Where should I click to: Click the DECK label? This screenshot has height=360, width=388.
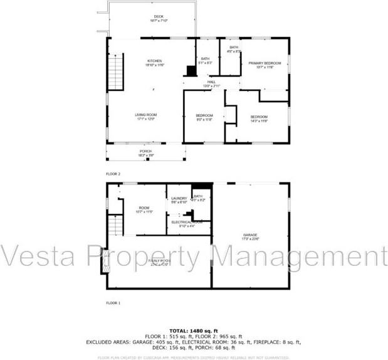click(x=158, y=17)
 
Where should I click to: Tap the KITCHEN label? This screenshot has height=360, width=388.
click(x=154, y=61)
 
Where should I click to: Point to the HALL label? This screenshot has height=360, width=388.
click(x=212, y=82)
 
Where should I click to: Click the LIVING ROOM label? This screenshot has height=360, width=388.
click(x=145, y=115)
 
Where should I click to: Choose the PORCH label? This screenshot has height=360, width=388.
click(x=145, y=151)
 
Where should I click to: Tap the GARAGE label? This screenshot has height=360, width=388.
click(x=251, y=235)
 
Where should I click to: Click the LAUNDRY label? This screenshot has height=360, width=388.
click(x=179, y=198)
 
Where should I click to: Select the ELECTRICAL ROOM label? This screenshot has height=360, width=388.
click(x=187, y=221)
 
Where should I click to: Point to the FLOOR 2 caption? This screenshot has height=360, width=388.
click(x=113, y=173)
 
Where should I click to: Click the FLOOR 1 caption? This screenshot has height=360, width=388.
click(x=113, y=302)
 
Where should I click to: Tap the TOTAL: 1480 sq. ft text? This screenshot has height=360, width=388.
click(x=194, y=331)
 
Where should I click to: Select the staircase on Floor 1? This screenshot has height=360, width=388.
click(x=115, y=225)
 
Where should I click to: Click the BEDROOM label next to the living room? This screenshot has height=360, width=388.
click(x=204, y=115)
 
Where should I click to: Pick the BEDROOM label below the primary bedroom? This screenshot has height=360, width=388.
click(x=259, y=117)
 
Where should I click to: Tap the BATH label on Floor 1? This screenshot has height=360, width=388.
click(x=198, y=196)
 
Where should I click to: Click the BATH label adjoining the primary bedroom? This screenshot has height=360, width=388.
click(x=234, y=48)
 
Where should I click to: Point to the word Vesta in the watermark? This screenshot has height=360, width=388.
click(x=38, y=257)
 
